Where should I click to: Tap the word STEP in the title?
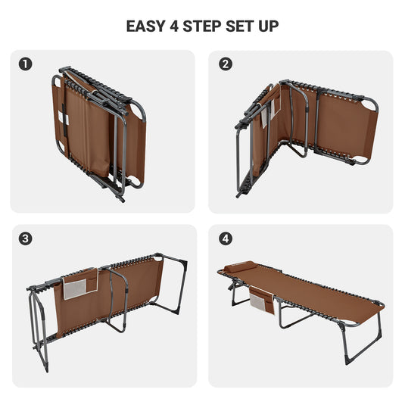click(207, 26)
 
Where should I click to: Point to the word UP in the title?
click(269, 26)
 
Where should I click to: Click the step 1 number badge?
click(26, 64)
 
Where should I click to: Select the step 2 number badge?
click(225, 64)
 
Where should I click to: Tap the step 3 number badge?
click(26, 238)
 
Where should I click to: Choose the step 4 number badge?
click(225, 238)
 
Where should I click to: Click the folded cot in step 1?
click(98, 132)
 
